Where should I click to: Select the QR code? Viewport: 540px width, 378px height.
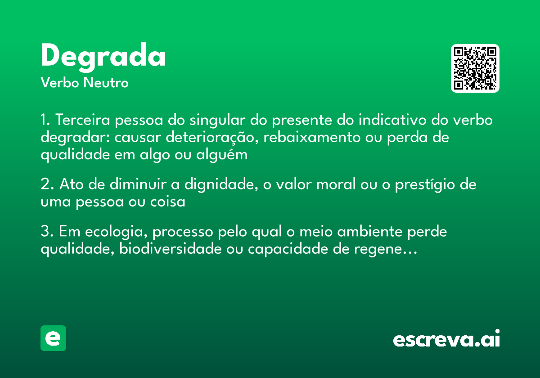[475, 68]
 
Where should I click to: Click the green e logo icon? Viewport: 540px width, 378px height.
[53, 338]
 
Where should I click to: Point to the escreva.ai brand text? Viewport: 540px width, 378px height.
[446, 339]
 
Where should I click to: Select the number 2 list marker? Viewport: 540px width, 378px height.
[45, 185]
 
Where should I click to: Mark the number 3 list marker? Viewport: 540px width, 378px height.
[45, 232]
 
